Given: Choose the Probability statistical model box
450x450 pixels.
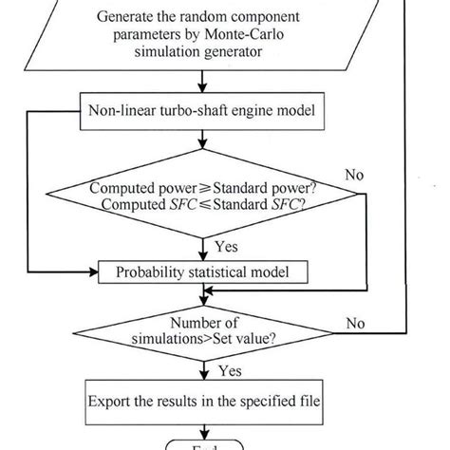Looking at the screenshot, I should [x=202, y=273].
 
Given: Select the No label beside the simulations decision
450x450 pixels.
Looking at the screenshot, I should [x=355, y=324].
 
